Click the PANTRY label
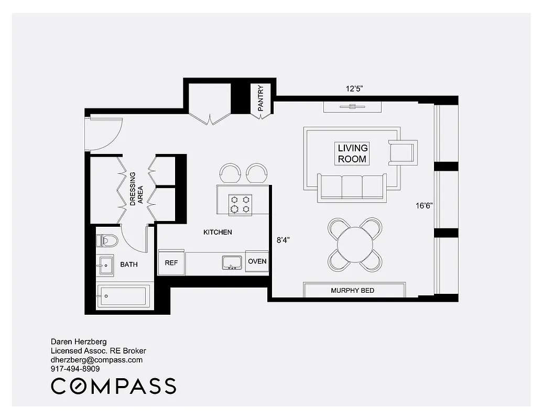[260, 98]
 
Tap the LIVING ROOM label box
[352, 153]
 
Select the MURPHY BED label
[352, 290]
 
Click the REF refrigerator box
[171, 262]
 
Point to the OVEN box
[257, 261]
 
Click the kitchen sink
[231, 262]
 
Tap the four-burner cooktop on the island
[240, 204]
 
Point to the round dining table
[355, 244]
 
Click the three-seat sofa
[351, 188]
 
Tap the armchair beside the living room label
[402, 152]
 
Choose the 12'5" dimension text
[354, 89]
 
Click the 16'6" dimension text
[423, 206]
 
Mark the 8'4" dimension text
[283, 240]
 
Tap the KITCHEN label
[218, 232]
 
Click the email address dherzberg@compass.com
[96, 360]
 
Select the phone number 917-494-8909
[75, 369]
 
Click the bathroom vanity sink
[106, 266]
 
